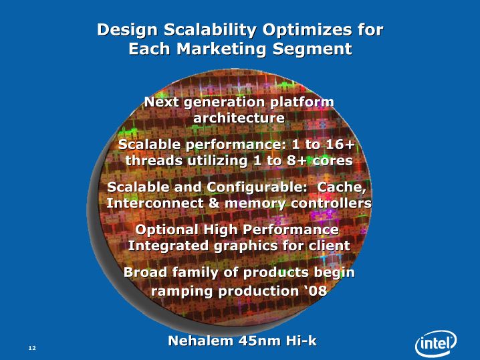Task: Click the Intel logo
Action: tap(436, 343)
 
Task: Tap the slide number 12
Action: tap(32, 348)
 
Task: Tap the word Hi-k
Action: tap(302, 341)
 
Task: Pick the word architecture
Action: tap(239, 118)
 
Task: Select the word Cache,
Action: tap(342, 187)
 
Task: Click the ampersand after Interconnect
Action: tap(213, 203)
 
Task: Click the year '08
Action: tap(316, 291)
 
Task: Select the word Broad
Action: tap(146, 272)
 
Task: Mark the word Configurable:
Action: tap(257, 187)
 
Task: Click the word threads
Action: tap(154, 161)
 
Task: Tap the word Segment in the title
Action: tap(312, 49)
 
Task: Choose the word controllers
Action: tap(331, 203)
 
